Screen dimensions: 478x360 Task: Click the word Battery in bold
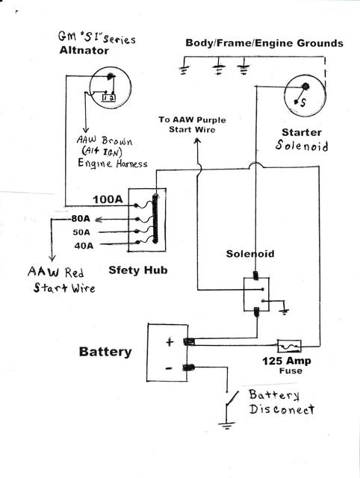(x=105, y=352)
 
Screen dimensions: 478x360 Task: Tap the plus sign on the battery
(x=170, y=341)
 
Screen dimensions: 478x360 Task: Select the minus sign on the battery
(x=170, y=367)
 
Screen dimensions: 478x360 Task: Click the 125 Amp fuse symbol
(x=289, y=346)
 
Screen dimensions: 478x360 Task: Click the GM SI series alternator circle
(x=105, y=86)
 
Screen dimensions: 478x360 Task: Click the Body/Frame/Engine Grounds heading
(x=264, y=43)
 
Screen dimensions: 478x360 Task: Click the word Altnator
(x=87, y=50)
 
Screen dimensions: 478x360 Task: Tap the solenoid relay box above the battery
(x=257, y=293)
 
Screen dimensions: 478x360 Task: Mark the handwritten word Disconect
(x=282, y=409)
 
